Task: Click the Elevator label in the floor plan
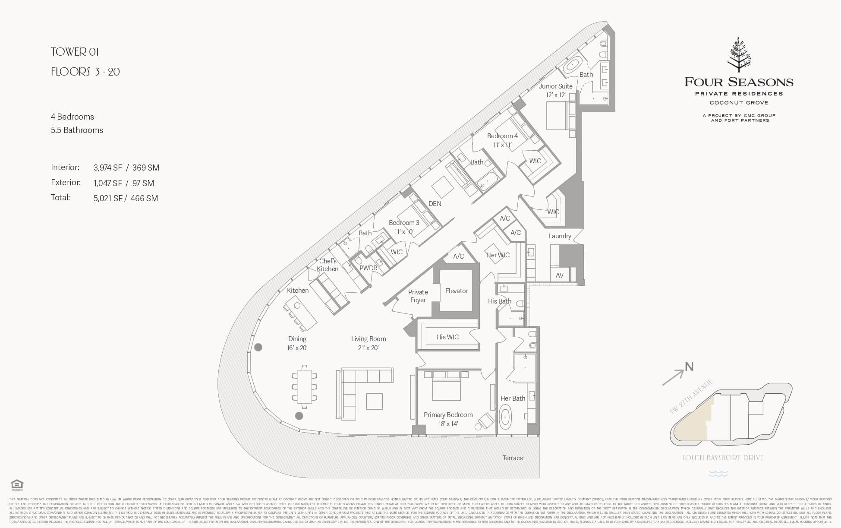[457, 291]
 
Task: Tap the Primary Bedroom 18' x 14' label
[448, 419]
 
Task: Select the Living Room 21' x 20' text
[368, 343]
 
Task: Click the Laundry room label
[560, 236]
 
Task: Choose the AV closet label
[559, 275]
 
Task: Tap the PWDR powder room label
[368, 268]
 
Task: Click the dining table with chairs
[305, 387]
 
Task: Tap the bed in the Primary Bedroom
[446, 385]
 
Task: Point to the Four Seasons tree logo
[739, 55]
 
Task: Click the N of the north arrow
[689, 367]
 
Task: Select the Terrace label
[512, 458]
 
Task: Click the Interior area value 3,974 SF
[107, 168]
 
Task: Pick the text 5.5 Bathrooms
[77, 130]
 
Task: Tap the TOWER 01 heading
[75, 52]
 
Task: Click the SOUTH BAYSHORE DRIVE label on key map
[722, 458]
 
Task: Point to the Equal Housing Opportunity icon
[17, 485]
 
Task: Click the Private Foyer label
[418, 296]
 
